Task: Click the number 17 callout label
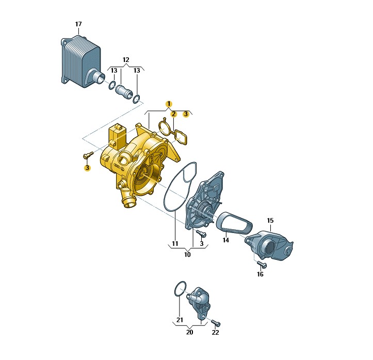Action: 78,24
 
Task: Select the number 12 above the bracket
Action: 126,60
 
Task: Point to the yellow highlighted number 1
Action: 169,104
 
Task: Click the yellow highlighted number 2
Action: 174,114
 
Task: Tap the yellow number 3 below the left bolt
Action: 87,168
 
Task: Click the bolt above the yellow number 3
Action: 88,155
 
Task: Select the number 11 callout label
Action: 175,244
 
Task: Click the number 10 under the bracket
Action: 187,255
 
